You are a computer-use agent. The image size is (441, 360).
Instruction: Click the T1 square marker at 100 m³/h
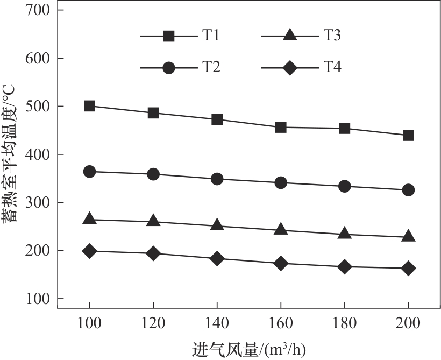coord(89,106)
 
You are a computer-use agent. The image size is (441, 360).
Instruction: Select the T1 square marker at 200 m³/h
coord(408,135)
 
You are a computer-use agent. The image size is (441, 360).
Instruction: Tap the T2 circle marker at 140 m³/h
coord(217,179)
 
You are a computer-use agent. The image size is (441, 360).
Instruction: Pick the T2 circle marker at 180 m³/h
coord(344,186)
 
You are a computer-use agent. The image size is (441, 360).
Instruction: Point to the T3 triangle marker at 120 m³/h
coord(153,221)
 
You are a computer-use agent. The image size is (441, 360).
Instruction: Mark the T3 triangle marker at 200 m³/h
coord(408,236)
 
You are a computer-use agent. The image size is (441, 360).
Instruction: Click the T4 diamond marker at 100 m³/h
coord(89,251)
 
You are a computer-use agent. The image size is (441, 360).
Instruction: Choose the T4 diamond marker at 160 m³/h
coord(281,263)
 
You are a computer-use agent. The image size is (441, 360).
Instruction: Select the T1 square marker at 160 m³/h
coord(281,128)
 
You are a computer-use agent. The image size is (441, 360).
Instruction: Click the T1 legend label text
coord(210,36)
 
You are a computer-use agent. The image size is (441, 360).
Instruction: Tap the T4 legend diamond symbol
coord(289,68)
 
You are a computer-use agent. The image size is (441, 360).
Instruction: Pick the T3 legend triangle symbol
coord(289,36)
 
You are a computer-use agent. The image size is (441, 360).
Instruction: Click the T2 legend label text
coord(211,67)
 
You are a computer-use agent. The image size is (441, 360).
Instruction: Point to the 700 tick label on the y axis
coord(37,10)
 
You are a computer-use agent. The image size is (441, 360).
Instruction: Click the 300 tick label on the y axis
coord(37,202)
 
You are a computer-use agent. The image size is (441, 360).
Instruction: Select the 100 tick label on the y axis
coord(37,299)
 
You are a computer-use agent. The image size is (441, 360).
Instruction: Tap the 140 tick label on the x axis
coord(217,324)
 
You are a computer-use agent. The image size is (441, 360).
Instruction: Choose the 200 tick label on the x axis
coord(408,324)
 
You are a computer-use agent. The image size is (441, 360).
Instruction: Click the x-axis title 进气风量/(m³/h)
coord(249,349)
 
